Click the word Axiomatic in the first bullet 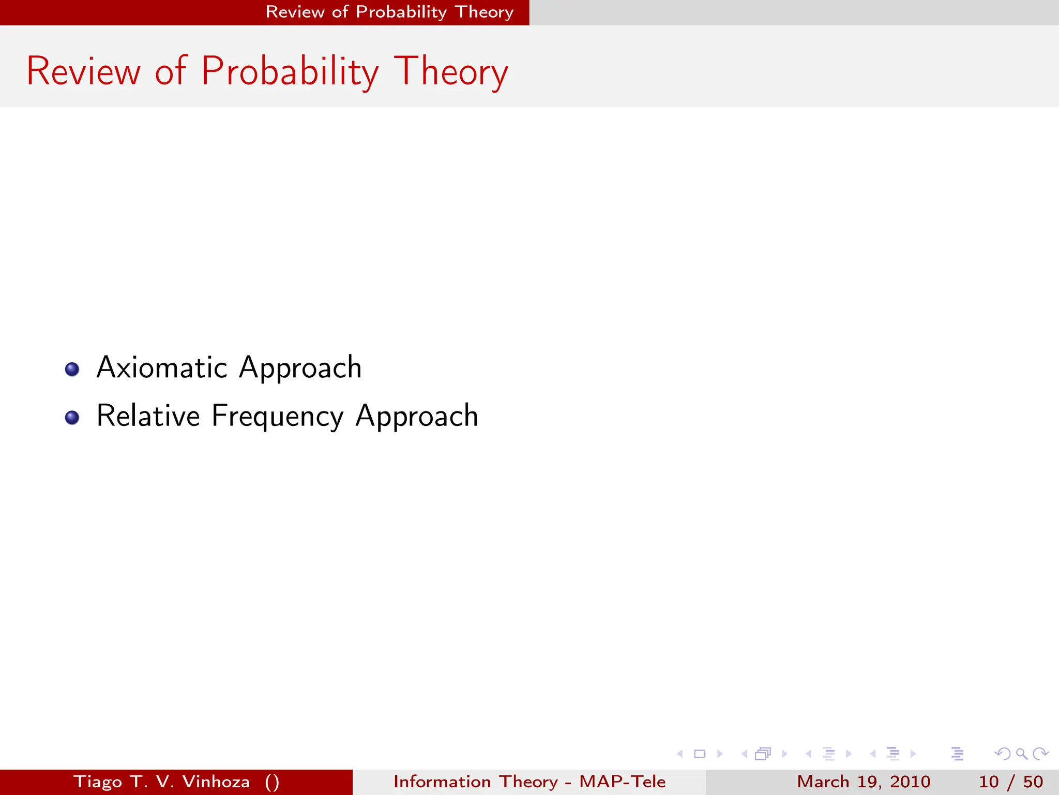tap(162, 368)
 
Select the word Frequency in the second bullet tap(277, 417)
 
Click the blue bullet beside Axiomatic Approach tap(72, 369)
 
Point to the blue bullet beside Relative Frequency tap(72, 417)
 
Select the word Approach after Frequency tap(417, 417)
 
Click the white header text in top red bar tap(389, 12)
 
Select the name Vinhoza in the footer tap(216, 782)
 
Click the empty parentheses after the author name tap(272, 782)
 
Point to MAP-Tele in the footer tap(622, 782)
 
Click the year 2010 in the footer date tap(910, 782)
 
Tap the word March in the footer tap(823, 782)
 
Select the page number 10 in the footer tap(989, 782)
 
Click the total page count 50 tap(1033, 782)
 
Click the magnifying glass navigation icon tap(1021, 754)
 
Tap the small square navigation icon tap(700, 754)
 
